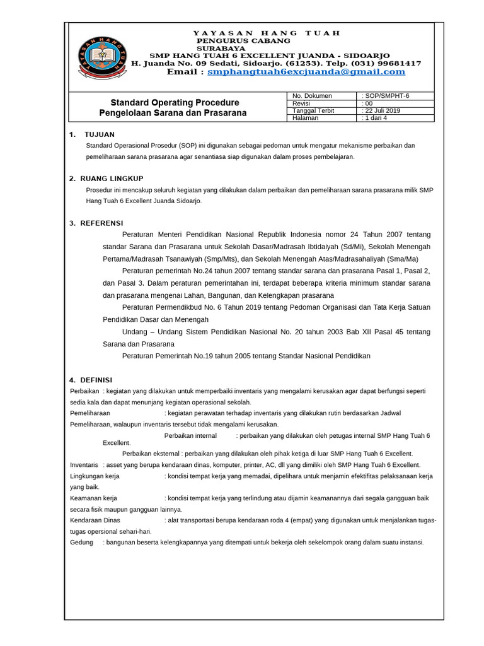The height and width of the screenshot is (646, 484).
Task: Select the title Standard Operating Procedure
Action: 175,102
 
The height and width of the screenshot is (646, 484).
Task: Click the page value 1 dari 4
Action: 376,118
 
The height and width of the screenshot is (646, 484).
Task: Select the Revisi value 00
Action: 369,103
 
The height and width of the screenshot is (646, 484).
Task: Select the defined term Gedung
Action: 81,542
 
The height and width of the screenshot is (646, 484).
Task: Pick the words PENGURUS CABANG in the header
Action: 235,40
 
